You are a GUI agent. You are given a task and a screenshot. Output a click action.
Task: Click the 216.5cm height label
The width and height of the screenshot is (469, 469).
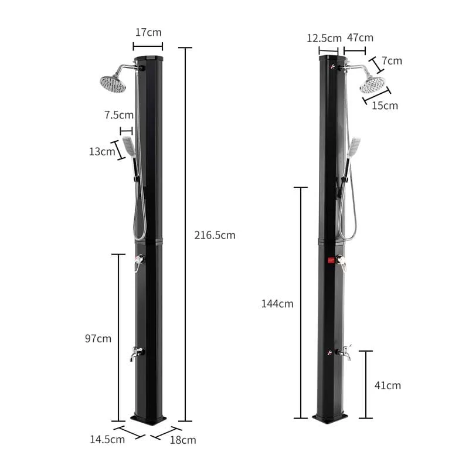click(215, 235)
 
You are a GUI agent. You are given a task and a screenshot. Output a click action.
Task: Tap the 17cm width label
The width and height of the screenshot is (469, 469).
click(148, 33)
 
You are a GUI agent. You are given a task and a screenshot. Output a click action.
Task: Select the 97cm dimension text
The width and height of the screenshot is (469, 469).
click(98, 339)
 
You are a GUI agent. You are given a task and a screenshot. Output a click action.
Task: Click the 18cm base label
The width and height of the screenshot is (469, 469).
click(183, 440)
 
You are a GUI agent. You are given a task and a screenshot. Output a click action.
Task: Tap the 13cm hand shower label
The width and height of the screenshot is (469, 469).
click(102, 151)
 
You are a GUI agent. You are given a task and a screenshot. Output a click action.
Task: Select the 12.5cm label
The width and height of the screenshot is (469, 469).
click(324, 38)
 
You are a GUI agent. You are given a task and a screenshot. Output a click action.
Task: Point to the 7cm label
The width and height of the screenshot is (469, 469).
click(392, 61)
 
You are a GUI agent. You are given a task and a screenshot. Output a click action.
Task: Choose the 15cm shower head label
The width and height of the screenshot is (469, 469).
click(385, 106)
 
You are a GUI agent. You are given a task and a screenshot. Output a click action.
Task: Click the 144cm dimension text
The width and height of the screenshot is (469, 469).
click(277, 304)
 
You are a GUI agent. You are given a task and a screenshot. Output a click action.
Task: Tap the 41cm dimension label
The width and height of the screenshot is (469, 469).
click(388, 385)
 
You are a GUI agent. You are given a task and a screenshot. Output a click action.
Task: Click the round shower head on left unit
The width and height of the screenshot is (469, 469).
click(113, 83)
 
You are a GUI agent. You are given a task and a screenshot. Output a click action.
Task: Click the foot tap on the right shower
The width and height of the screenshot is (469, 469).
click(344, 353)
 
